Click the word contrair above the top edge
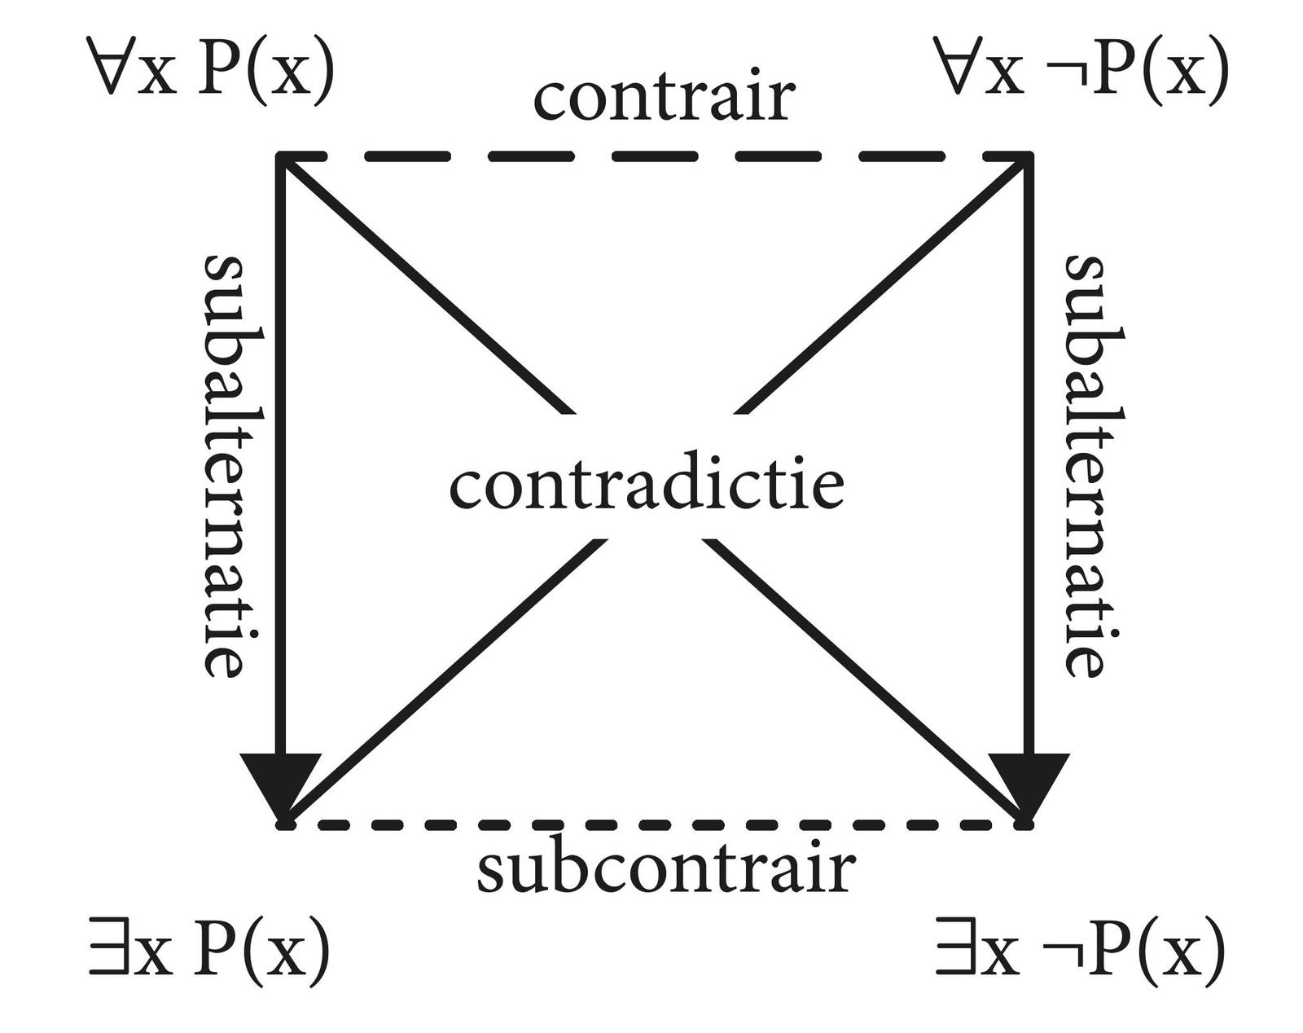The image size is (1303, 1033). (x=664, y=98)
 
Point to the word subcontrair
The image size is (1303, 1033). (x=665, y=869)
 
